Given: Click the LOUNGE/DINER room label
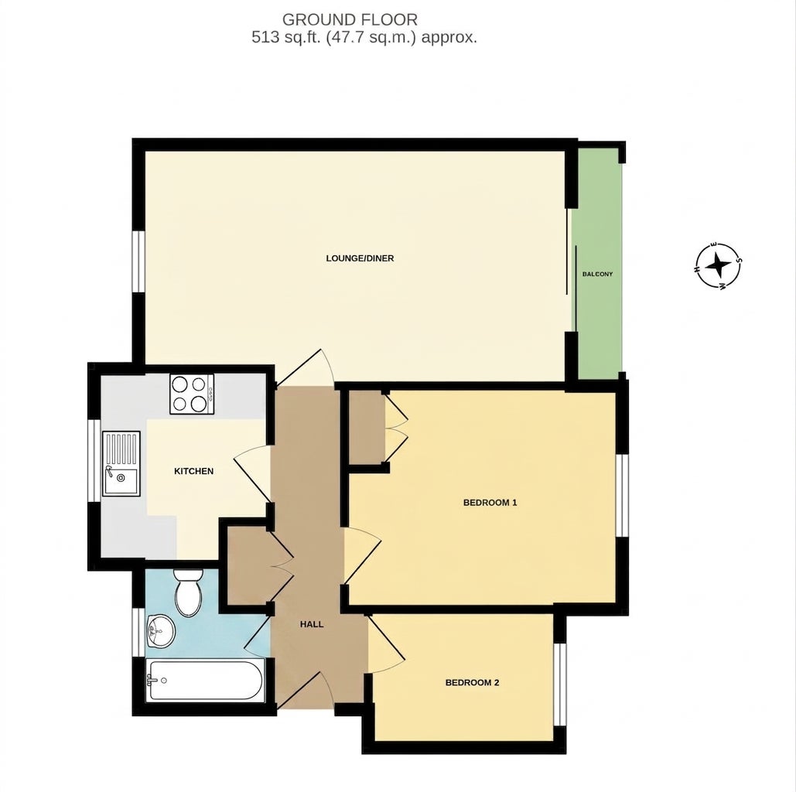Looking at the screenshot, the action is [360, 258].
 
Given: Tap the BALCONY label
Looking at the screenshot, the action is [597, 274].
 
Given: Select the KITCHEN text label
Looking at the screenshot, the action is [194, 471].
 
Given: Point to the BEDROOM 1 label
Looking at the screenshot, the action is [490, 503].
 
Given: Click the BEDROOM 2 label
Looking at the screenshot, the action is [472, 682].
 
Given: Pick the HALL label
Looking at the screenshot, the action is [312, 624].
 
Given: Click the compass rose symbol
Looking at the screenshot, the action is [718, 265].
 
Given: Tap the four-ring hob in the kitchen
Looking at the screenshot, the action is [192, 394].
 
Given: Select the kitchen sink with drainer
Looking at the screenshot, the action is [121, 463].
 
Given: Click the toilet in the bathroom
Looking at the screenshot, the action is [188, 592].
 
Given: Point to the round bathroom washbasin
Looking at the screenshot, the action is [160, 632].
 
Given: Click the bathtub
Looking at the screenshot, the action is [205, 681].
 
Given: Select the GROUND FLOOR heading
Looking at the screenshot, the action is [350, 20].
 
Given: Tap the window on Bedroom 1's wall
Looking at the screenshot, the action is [623, 496].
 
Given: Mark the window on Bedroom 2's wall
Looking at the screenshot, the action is [559, 684].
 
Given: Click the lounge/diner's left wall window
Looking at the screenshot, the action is [138, 261].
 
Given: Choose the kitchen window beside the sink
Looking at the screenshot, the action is [94, 460].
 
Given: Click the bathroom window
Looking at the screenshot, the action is [138, 633].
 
